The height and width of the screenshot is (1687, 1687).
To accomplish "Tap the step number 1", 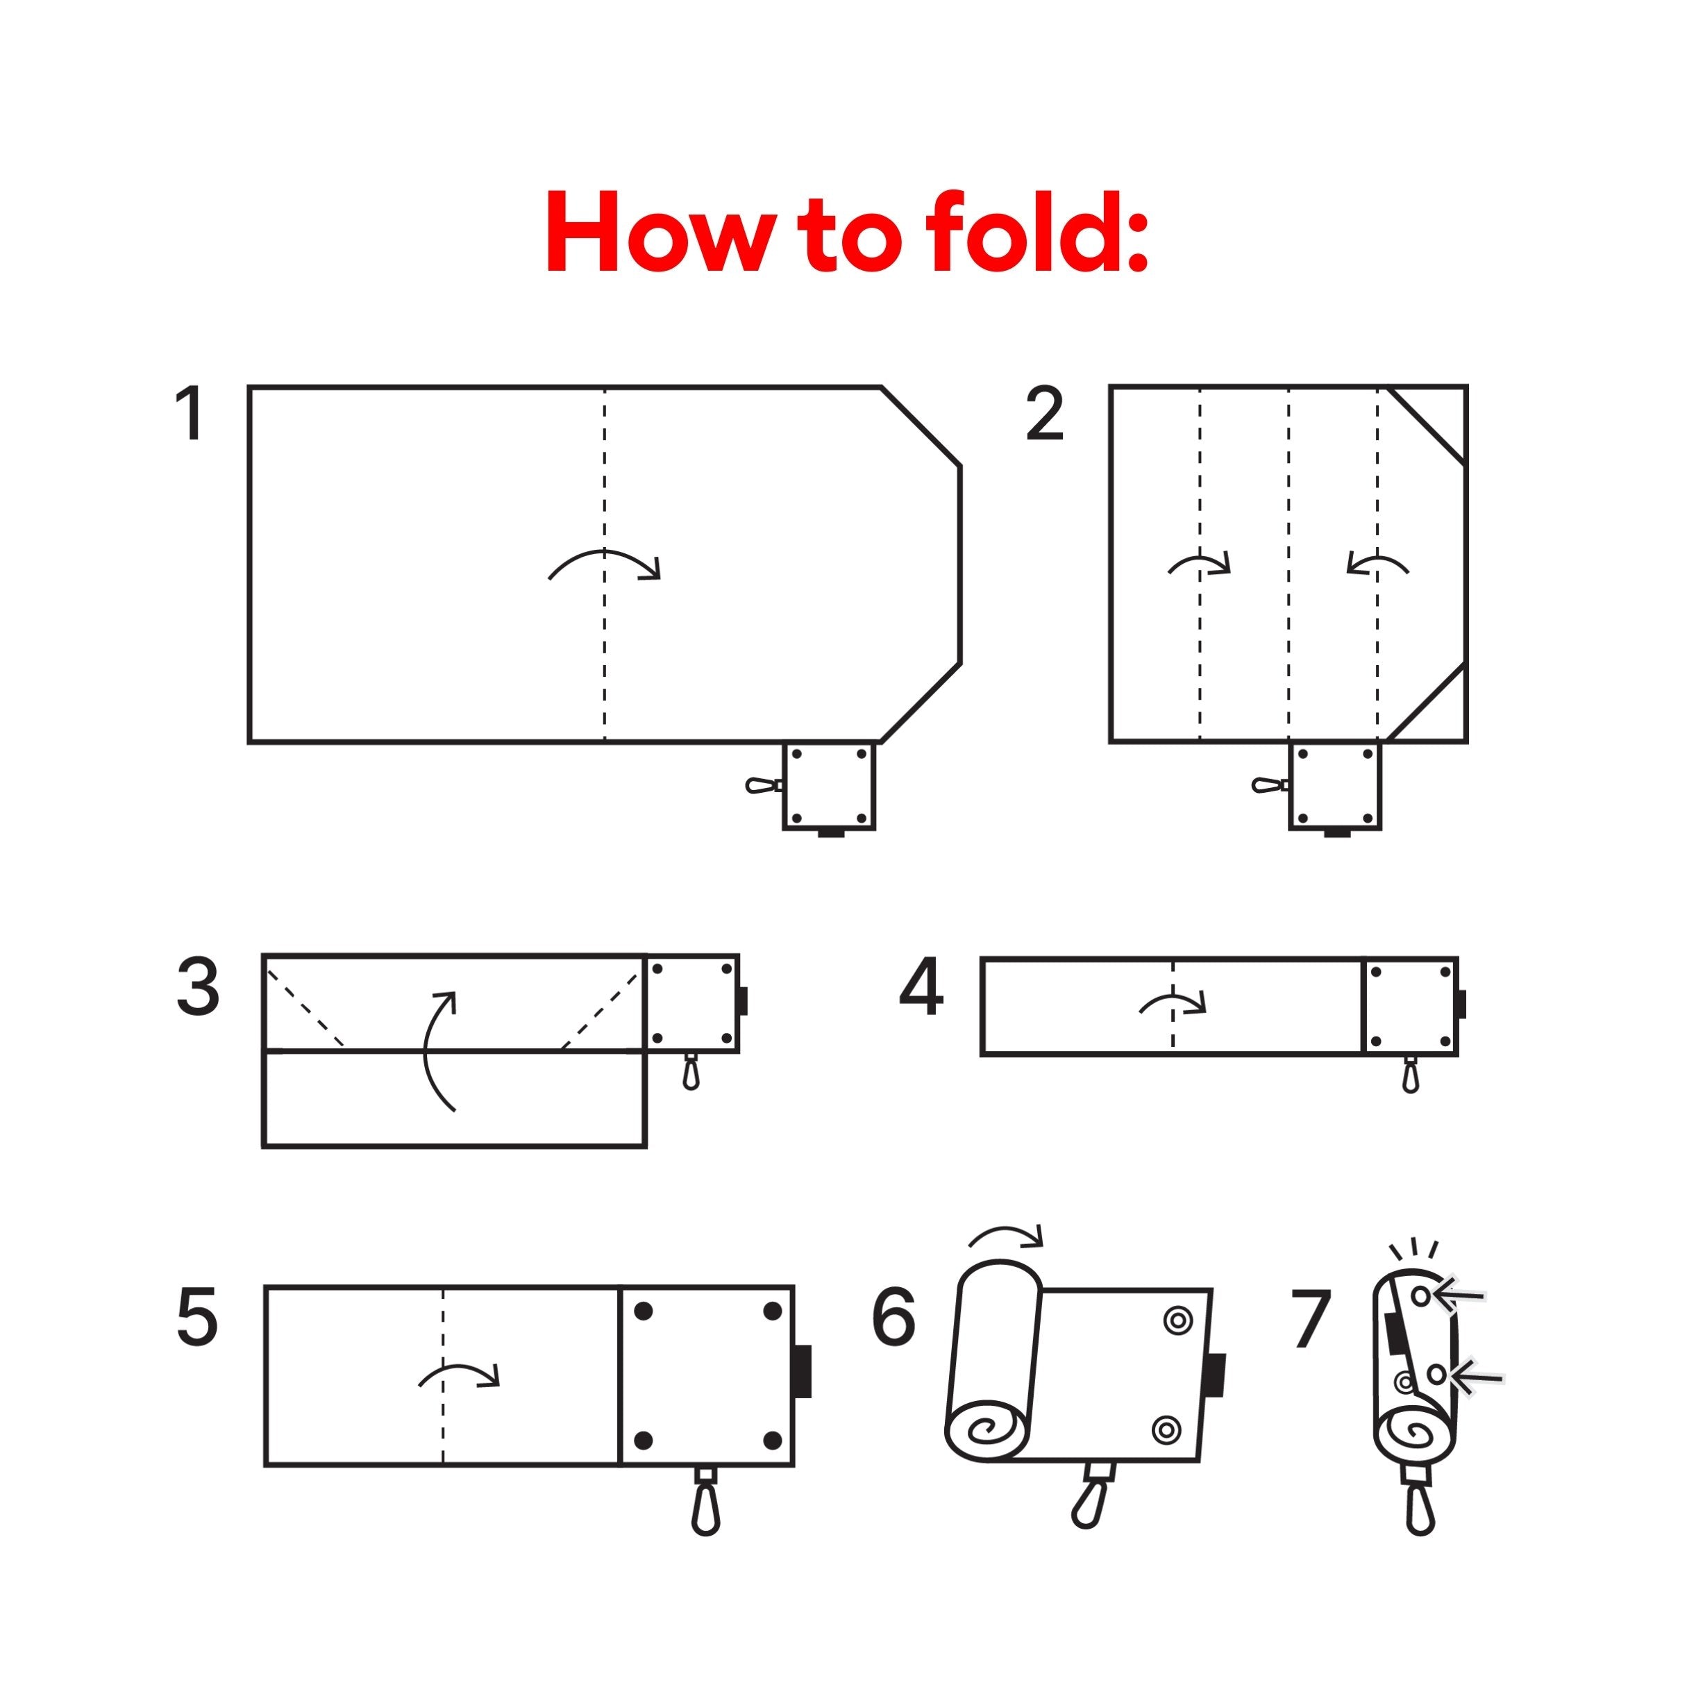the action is coord(191,414).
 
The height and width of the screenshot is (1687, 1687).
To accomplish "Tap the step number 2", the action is coord(1046,414).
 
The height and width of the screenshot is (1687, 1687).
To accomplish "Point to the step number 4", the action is coord(921,988).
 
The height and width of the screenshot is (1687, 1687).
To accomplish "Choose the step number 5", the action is coord(196,1318).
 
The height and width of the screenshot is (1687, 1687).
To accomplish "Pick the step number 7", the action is coord(1311,1318).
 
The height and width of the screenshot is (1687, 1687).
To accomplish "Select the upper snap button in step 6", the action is coord(1179,1321).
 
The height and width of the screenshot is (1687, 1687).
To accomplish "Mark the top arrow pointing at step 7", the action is coord(1459,1296).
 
